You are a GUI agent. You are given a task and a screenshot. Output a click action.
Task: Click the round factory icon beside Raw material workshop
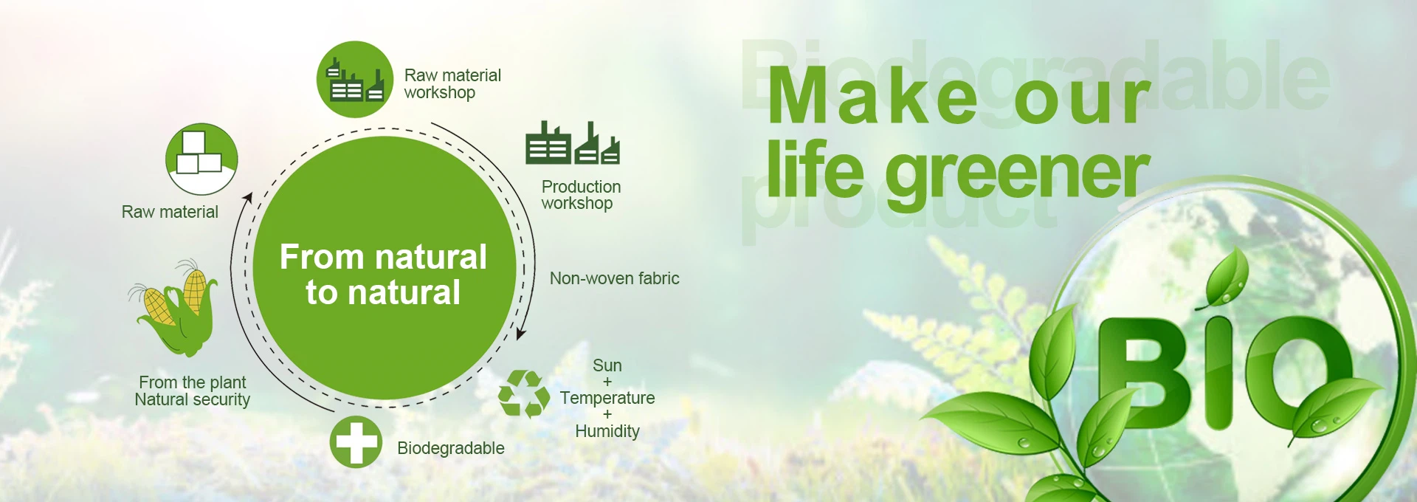pos(355,79)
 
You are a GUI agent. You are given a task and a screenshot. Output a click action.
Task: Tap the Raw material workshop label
pos(452,84)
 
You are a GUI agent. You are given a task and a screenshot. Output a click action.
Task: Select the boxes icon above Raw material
pos(201,159)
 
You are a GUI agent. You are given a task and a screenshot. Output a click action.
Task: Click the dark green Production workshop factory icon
pos(573,142)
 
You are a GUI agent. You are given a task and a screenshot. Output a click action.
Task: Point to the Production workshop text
pos(581,195)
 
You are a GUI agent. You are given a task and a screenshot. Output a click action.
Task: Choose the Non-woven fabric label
pos(614,278)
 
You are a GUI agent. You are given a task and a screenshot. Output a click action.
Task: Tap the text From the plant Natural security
pos(193,391)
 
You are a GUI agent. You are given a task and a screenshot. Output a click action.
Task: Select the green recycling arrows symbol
pos(524,394)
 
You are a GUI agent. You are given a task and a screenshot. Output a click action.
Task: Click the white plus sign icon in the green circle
pos(356,442)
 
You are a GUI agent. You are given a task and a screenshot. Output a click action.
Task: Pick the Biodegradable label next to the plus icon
pos(451,448)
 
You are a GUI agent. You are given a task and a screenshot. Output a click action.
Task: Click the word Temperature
pos(607,398)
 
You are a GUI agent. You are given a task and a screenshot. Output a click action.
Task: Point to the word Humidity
pos(607,431)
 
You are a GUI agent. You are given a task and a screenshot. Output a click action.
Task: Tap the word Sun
pos(607,365)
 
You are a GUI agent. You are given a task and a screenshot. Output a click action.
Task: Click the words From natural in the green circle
pos(383,257)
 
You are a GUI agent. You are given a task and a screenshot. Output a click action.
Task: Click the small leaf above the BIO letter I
pos(1225,278)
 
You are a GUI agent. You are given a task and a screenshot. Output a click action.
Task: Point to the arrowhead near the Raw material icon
pos(249,197)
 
